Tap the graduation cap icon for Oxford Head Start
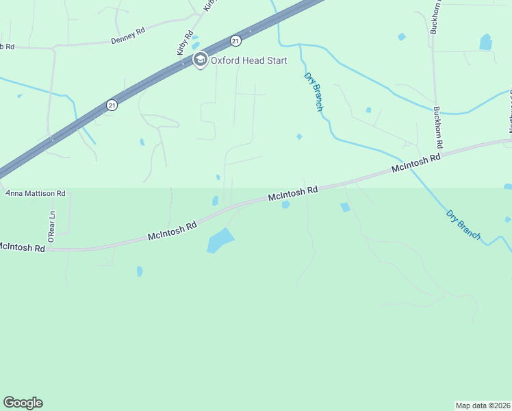(x=200, y=60)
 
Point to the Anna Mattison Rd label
(x=35, y=194)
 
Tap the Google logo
(x=23, y=403)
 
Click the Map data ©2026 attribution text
(x=483, y=405)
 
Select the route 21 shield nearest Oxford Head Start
(x=235, y=40)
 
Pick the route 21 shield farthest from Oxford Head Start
(x=111, y=105)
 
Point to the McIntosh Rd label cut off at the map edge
(x=22, y=247)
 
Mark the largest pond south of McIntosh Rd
(x=220, y=240)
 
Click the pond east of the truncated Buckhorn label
(x=486, y=42)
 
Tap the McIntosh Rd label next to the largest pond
(x=172, y=230)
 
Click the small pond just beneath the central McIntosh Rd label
(x=285, y=204)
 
